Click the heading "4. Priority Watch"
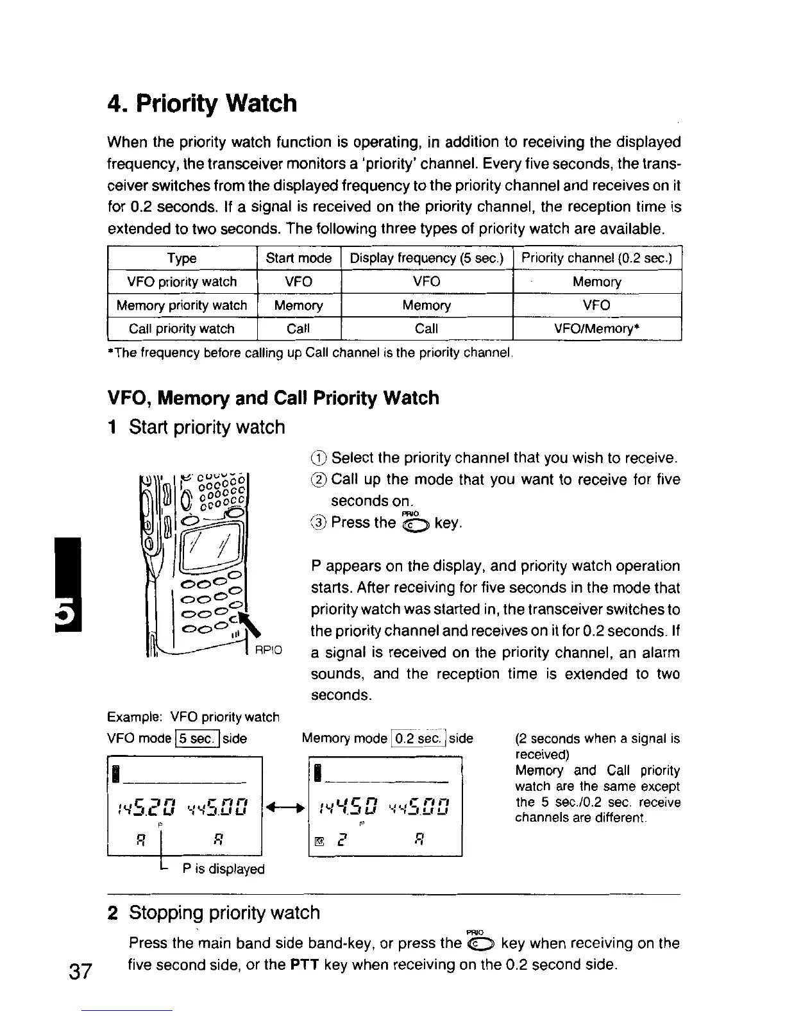tap(202, 103)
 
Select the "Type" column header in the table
tap(182, 258)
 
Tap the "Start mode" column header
tap(298, 258)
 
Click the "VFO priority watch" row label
tap(182, 282)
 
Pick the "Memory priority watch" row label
tap(182, 305)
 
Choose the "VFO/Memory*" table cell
tap(596, 329)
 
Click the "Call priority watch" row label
tap(182, 329)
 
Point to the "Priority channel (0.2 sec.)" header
tap(596, 258)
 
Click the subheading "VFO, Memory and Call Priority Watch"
tap(273, 398)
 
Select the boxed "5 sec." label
tap(198, 739)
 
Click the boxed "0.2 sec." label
tap(418, 739)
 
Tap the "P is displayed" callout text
tap(223, 869)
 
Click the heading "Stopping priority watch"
tap(224, 913)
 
